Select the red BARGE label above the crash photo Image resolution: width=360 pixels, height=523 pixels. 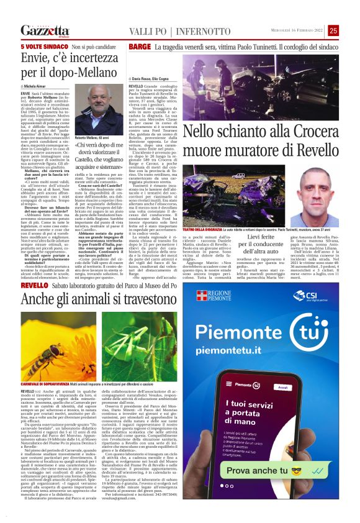140,47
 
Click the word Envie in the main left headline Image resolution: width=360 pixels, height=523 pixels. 37,60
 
